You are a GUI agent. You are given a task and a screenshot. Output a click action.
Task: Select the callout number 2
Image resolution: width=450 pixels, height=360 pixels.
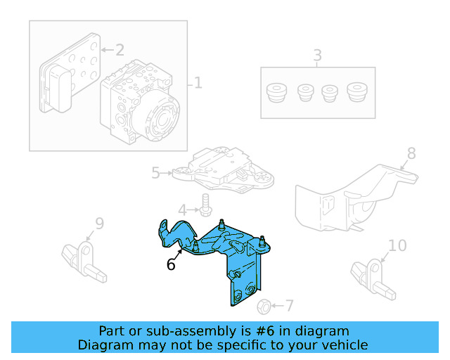coord(120,50)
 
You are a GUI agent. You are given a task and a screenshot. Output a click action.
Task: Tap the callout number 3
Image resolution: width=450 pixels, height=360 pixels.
coord(317,56)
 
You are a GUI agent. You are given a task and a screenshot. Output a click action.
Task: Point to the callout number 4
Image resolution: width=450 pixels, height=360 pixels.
coord(182,210)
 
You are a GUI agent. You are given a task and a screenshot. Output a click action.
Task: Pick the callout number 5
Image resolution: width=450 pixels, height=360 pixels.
coord(156,172)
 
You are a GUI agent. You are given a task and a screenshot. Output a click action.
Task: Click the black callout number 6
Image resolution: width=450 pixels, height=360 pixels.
coord(171,265)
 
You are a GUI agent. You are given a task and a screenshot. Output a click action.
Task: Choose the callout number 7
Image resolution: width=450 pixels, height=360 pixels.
coord(289,306)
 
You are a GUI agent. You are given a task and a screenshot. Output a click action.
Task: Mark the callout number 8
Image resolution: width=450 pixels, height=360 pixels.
coord(411,153)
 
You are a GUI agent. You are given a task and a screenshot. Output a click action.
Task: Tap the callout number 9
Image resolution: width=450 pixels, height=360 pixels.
coord(99,224)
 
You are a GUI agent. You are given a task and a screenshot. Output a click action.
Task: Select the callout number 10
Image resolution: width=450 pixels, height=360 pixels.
coord(397,245)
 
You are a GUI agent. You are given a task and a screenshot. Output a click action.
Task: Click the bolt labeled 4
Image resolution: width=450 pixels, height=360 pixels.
coord(205,205)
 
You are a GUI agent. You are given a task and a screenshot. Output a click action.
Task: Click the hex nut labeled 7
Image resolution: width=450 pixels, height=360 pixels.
coord(264,306)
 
